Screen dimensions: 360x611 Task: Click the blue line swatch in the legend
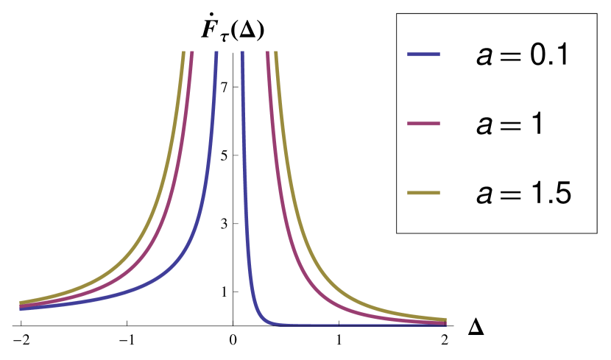click(x=423, y=55)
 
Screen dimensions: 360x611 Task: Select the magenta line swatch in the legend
click(x=423, y=124)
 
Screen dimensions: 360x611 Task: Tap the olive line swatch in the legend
click(x=423, y=193)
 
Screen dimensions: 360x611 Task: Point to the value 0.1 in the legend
click(x=542, y=55)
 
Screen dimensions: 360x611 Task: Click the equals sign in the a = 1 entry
click(x=509, y=124)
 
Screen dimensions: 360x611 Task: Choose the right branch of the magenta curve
click(x=294, y=221)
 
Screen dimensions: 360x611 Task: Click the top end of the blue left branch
click(x=216, y=53)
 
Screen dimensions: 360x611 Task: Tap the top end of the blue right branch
click(x=241, y=53)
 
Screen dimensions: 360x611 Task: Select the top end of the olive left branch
click(x=181, y=53)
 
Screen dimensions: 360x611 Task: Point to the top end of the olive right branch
click(x=276, y=53)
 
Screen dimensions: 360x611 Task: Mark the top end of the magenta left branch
click(x=191, y=53)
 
